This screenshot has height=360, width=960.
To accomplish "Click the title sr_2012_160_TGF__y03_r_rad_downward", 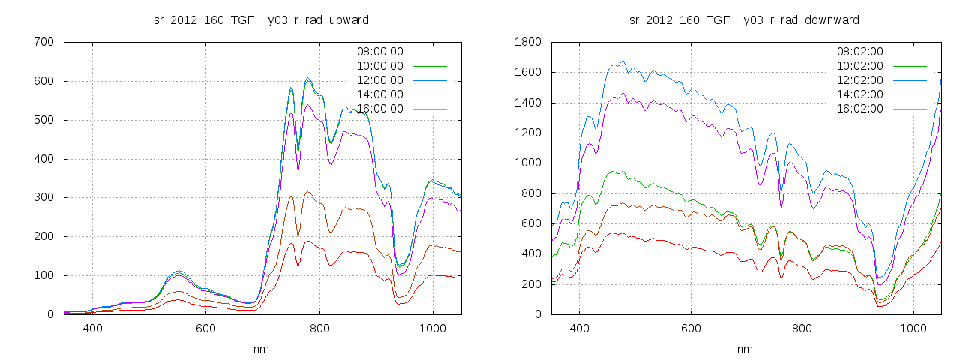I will (x=744, y=19).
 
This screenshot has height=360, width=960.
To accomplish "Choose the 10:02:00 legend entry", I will (x=859, y=66).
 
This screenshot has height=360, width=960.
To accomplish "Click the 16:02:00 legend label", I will (x=859, y=109).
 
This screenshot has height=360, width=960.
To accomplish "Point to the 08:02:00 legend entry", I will (x=859, y=52).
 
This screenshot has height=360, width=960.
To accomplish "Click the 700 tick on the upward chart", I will (x=43, y=42).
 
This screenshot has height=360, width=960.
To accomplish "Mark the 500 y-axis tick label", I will (x=43, y=120).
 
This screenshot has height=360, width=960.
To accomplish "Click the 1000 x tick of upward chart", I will (x=433, y=328).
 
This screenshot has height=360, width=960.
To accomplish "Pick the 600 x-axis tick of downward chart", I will (x=691, y=328).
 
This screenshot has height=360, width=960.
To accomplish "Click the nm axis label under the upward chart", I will (x=261, y=349).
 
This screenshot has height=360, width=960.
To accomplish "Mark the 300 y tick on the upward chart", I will (x=43, y=197).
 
